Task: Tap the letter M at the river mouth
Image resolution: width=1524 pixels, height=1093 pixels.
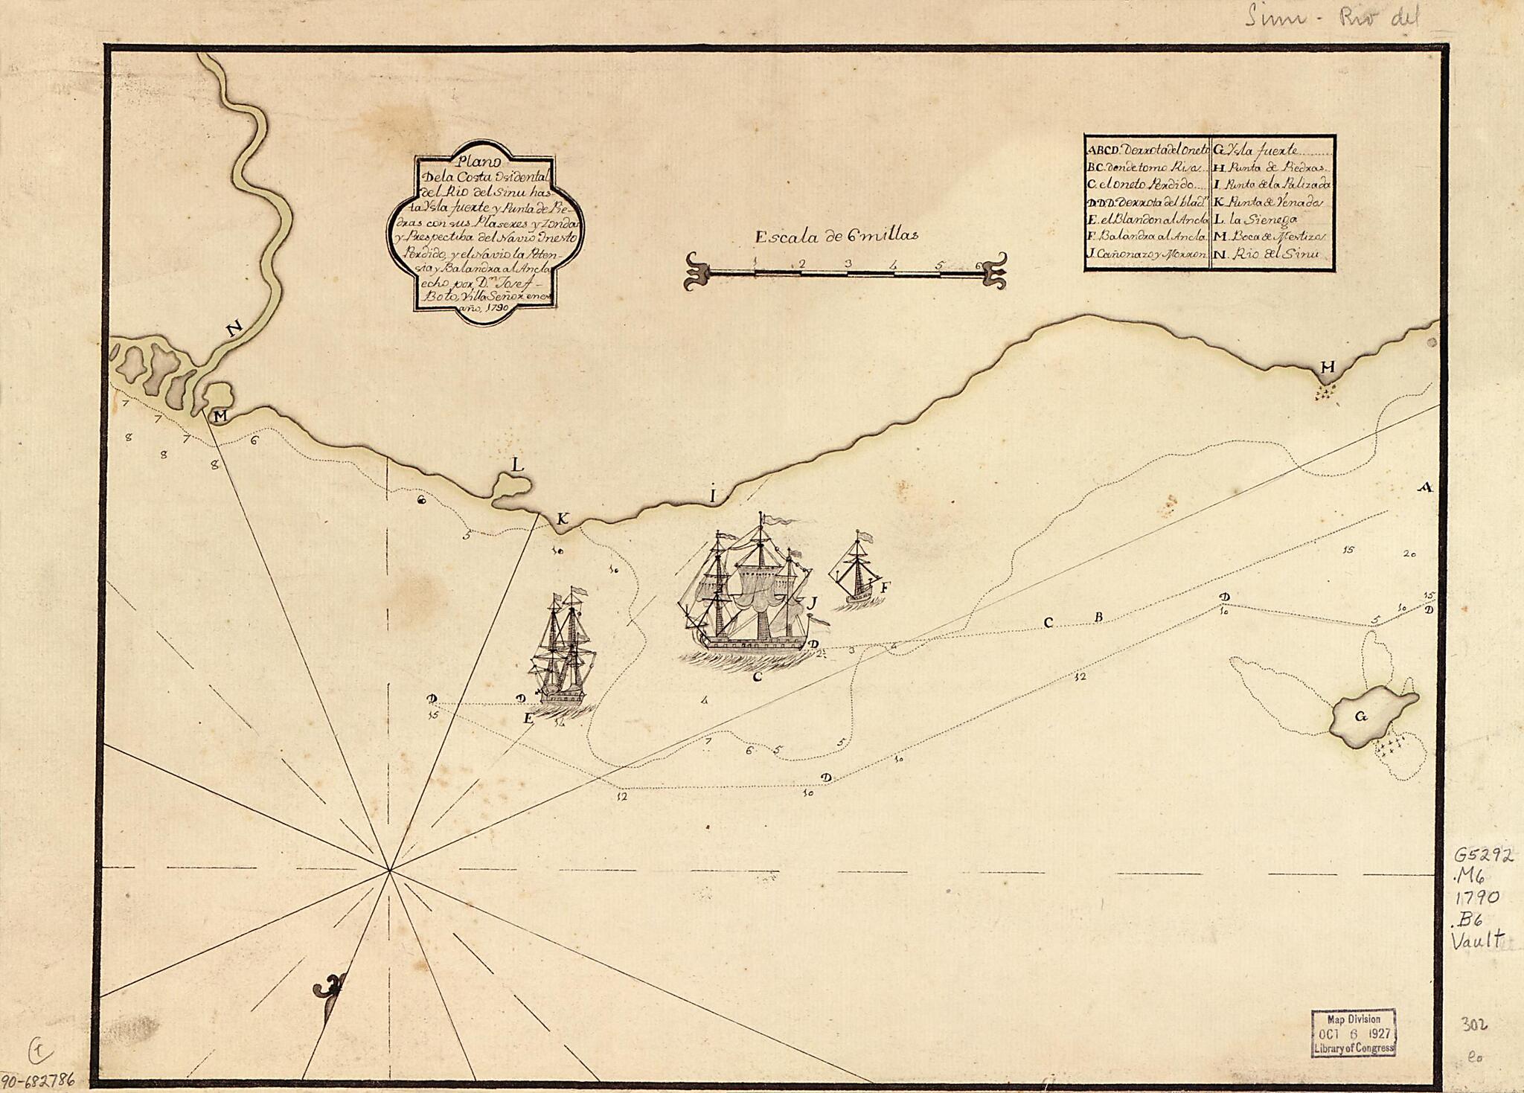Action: pyautogui.click(x=220, y=417)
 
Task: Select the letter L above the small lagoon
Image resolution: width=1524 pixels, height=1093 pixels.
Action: pyautogui.click(x=518, y=464)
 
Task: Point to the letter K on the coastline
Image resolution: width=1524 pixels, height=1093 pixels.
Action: pyautogui.click(x=563, y=519)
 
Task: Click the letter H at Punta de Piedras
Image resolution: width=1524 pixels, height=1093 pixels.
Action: pyautogui.click(x=1328, y=367)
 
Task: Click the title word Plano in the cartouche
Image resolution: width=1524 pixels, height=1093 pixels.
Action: pyautogui.click(x=473, y=159)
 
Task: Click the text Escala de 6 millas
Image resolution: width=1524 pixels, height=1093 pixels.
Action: pyautogui.click(x=836, y=237)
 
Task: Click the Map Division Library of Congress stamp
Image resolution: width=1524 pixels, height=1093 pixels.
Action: pyautogui.click(x=1353, y=1033)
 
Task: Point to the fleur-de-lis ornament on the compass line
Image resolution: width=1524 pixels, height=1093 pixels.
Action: pyautogui.click(x=330, y=990)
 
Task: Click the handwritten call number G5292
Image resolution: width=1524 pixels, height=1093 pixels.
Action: pyautogui.click(x=1482, y=856)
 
